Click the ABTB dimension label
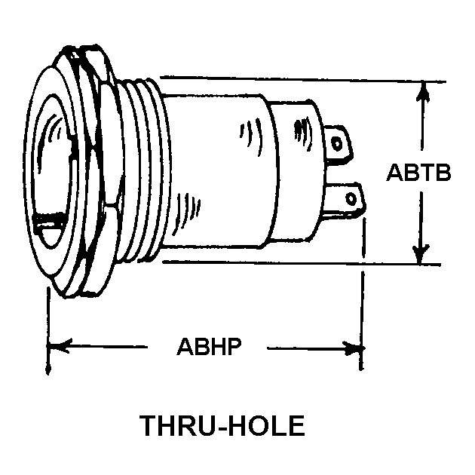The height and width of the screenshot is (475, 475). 419,173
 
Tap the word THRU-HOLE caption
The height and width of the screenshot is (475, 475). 222,425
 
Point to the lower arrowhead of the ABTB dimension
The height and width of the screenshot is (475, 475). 423,252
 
